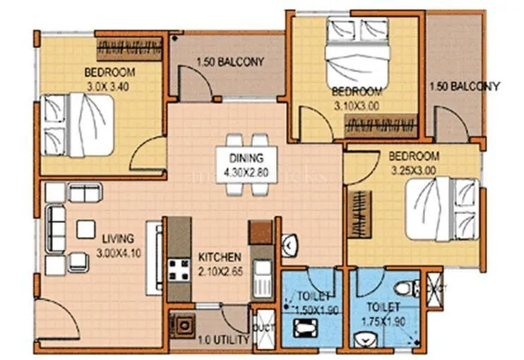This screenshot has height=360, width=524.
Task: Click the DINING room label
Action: click(246, 157)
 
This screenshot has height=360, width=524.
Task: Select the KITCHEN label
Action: click(220, 257)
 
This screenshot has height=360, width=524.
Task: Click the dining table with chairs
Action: click(246, 164)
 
